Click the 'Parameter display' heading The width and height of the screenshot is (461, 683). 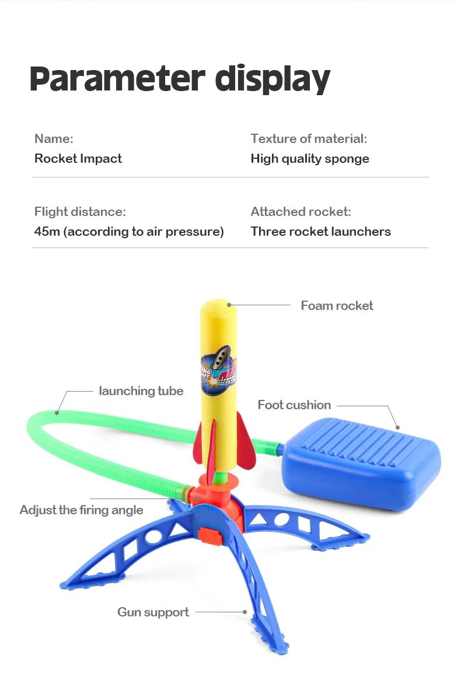180,79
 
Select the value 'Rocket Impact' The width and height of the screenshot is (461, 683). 78,159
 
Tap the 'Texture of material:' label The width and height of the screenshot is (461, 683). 309,139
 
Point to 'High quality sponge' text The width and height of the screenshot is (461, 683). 310,159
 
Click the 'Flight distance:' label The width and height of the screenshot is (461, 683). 80,212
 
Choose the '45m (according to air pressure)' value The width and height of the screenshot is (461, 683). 129,232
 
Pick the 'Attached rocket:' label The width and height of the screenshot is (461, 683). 301,212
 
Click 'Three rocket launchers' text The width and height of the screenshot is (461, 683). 320,232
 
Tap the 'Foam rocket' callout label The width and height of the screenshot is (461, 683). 337,306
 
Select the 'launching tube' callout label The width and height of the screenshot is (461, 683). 141,391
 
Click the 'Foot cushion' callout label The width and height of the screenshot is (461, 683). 294,405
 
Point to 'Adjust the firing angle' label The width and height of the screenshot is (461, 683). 81,510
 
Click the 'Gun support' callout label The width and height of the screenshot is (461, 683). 153,612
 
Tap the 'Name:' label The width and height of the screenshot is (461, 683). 54,139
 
